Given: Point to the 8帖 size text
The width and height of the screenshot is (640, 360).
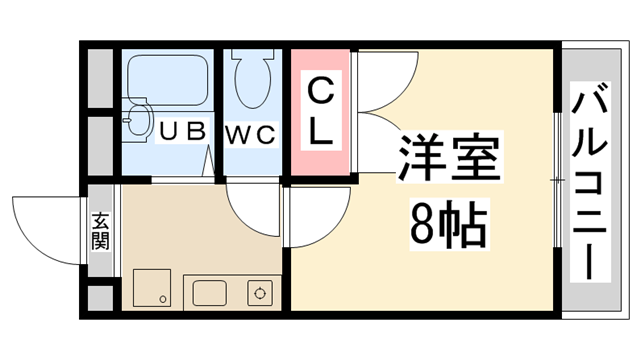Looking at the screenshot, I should (447, 227).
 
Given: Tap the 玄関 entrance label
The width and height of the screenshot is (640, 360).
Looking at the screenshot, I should (101, 231).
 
